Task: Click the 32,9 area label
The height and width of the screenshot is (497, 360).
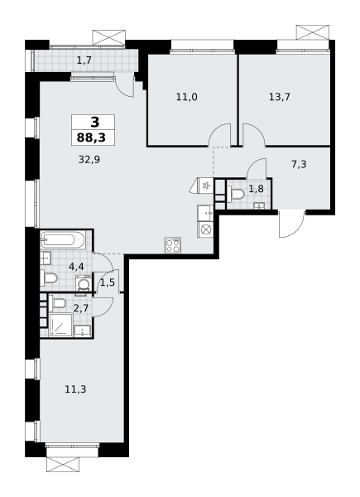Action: pos(89,159)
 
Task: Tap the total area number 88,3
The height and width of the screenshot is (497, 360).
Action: pos(91,138)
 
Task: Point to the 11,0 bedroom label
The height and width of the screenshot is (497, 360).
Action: pos(186,97)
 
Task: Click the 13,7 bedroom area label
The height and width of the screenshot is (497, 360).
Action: pos(279,97)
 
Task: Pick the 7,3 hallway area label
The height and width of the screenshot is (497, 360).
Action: pos(299,165)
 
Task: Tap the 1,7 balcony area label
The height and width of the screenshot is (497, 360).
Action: pos(84,60)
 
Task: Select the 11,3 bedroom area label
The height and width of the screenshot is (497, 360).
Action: pos(75,389)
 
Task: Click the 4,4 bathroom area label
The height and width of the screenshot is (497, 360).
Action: pos(76,267)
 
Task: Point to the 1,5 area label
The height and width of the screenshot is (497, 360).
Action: pos(108,282)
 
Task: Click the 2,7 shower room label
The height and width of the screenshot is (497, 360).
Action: pos(80,308)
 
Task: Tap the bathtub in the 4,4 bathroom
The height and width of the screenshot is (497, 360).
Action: pos(63,240)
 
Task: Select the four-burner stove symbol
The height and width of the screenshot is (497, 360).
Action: pos(173,246)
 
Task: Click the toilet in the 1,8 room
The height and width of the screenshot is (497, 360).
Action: pos(236,193)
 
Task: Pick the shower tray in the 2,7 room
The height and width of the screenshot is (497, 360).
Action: pos(61,325)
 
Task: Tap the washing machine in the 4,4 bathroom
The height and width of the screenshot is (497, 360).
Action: pos(84,283)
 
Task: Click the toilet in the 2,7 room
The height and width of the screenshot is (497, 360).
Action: pos(57,303)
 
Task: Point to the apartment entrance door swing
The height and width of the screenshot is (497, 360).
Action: pos(291,224)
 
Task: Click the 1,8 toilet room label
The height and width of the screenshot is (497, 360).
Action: pos(256,189)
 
